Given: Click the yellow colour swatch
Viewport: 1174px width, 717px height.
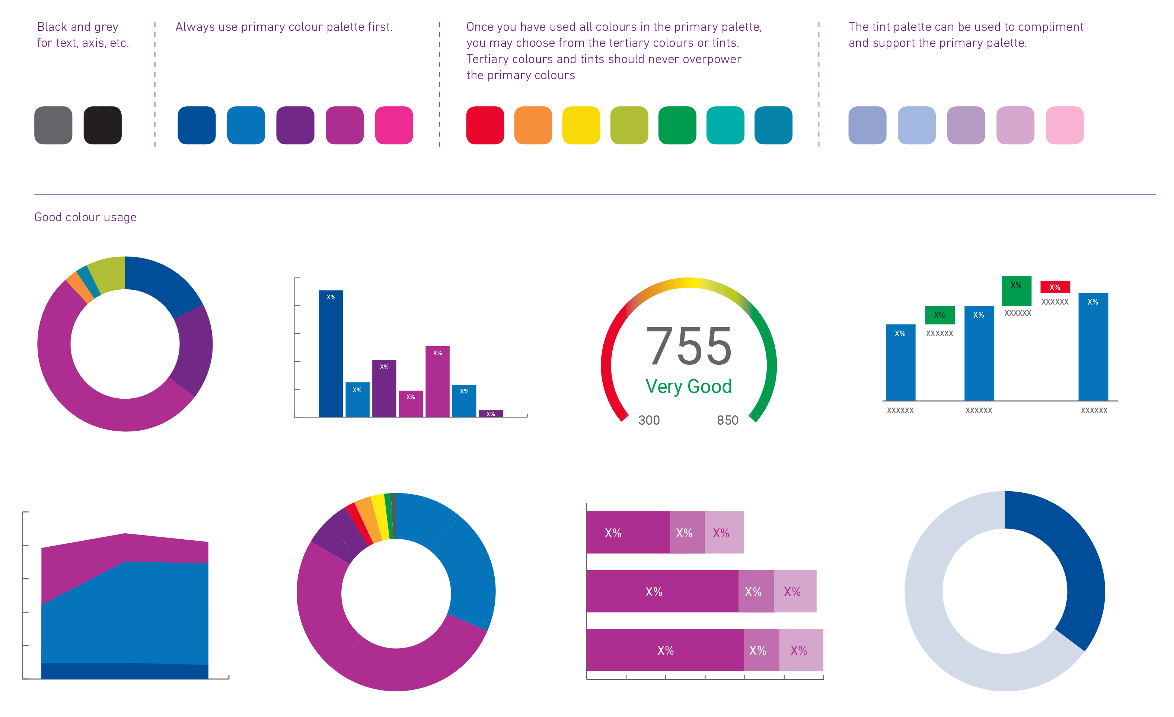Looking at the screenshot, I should tap(581, 125).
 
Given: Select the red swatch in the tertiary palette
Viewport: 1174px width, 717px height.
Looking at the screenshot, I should tap(485, 125).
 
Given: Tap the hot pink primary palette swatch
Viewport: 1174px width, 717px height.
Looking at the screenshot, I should tap(393, 125).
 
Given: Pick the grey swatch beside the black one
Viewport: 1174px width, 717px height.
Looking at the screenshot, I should tap(53, 125).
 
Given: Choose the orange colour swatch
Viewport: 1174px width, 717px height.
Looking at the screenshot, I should tap(533, 125).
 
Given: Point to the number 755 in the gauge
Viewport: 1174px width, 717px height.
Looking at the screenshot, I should tap(689, 347).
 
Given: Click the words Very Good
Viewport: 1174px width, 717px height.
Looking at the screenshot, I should tap(689, 386).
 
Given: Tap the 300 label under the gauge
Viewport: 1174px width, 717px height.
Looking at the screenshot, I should tap(648, 420).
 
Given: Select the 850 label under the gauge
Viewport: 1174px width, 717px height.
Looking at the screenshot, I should tap(728, 420).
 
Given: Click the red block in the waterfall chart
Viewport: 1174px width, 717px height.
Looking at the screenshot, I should tap(1055, 287).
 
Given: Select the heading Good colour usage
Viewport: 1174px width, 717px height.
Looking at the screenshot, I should tap(85, 217).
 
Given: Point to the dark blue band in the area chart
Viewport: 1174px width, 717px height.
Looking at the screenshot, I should tap(125, 671).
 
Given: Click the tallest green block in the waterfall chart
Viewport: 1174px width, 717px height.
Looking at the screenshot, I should tap(1016, 291).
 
